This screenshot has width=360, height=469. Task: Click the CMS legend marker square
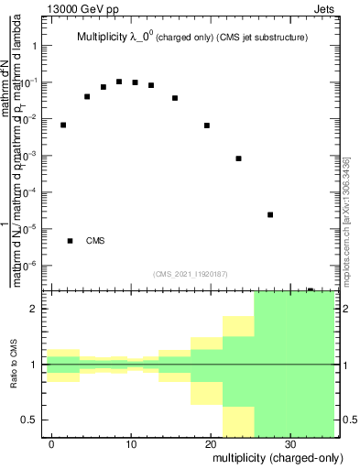click(x=71, y=241)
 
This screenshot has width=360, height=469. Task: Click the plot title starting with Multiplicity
click(x=191, y=38)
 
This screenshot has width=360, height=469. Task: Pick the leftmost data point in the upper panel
click(x=63, y=125)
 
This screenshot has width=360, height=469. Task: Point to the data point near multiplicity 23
click(x=238, y=158)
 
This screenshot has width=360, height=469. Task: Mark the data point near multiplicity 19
click(x=207, y=125)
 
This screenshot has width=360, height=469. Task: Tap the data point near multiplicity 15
click(x=175, y=98)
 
